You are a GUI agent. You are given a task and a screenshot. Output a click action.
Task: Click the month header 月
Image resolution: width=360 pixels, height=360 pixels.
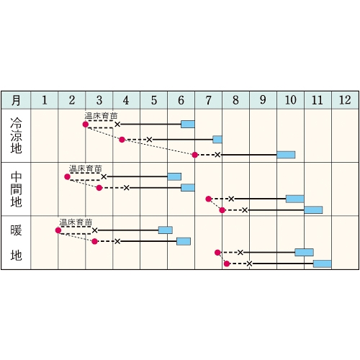point(16,100)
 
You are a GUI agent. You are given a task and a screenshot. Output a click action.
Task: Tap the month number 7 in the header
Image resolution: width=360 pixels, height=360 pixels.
point(208,100)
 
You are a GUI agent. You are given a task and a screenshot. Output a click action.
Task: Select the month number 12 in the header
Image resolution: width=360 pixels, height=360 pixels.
point(345,100)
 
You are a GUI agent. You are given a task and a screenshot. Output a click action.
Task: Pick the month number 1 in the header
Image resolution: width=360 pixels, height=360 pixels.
point(45,100)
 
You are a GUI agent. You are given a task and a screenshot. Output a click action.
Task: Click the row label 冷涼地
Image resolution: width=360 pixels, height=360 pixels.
point(16,135)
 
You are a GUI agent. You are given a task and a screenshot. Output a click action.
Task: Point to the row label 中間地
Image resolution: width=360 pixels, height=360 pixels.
point(16,189)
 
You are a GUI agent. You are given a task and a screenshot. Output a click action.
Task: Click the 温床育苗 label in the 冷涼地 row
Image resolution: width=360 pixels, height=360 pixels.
point(101,116)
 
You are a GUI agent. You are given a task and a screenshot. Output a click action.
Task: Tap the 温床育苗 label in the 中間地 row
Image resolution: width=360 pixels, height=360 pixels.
point(86,168)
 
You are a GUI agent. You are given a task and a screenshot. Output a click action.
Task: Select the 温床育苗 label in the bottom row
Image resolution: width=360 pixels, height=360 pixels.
point(76,222)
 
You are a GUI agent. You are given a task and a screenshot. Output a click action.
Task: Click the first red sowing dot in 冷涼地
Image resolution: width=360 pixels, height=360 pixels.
point(86,125)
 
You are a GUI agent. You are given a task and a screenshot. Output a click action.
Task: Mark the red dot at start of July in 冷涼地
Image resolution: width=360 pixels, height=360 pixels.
point(195,155)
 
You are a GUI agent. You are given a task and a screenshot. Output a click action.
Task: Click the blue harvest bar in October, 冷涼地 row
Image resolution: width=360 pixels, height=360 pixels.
point(286,155)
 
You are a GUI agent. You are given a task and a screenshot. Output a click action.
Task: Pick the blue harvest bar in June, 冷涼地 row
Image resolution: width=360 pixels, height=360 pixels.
point(188,125)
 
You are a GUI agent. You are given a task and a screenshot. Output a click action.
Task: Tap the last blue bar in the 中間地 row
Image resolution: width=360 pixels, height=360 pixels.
point(313,210)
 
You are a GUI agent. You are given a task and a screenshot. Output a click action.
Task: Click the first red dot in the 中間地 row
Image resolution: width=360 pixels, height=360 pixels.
point(67,177)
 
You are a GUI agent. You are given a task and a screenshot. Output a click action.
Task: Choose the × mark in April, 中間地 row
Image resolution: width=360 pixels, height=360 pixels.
point(127,188)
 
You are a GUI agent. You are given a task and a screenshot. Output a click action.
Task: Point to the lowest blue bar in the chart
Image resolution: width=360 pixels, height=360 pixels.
point(323,264)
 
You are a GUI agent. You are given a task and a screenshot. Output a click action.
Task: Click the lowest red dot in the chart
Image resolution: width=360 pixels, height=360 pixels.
point(227,264)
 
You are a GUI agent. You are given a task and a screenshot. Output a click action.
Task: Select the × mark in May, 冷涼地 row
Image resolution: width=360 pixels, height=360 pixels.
point(149,140)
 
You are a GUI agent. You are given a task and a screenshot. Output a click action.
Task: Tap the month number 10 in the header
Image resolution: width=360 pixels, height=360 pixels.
point(290,100)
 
